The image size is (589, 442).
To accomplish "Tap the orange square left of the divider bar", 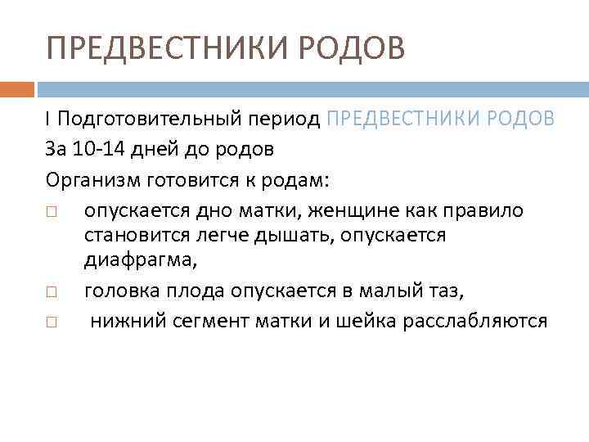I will tap(16, 88).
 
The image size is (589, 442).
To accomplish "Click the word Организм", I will tap(89, 181).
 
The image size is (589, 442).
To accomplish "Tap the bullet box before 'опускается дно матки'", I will tap(52, 212).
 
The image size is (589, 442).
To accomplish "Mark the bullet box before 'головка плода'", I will tap(52, 291).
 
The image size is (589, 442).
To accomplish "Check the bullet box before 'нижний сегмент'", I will tap(52, 322).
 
